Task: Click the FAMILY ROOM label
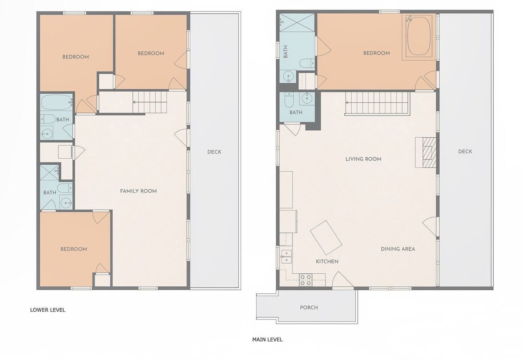click(139, 191)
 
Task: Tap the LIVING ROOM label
click(363, 159)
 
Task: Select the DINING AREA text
click(398, 249)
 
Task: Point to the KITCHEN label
click(327, 262)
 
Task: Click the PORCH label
click(309, 307)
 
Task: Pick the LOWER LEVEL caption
click(48, 310)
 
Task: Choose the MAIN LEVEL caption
click(267, 340)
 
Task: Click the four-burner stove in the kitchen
click(306, 280)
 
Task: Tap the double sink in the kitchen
click(286, 257)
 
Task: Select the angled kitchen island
click(326, 238)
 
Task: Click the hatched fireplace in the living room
click(426, 153)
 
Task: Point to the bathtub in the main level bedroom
click(419, 37)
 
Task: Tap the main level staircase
click(377, 104)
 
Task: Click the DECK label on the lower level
click(214, 152)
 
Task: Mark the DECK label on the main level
click(465, 152)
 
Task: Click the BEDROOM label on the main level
click(377, 53)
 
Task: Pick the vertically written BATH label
click(285, 51)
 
